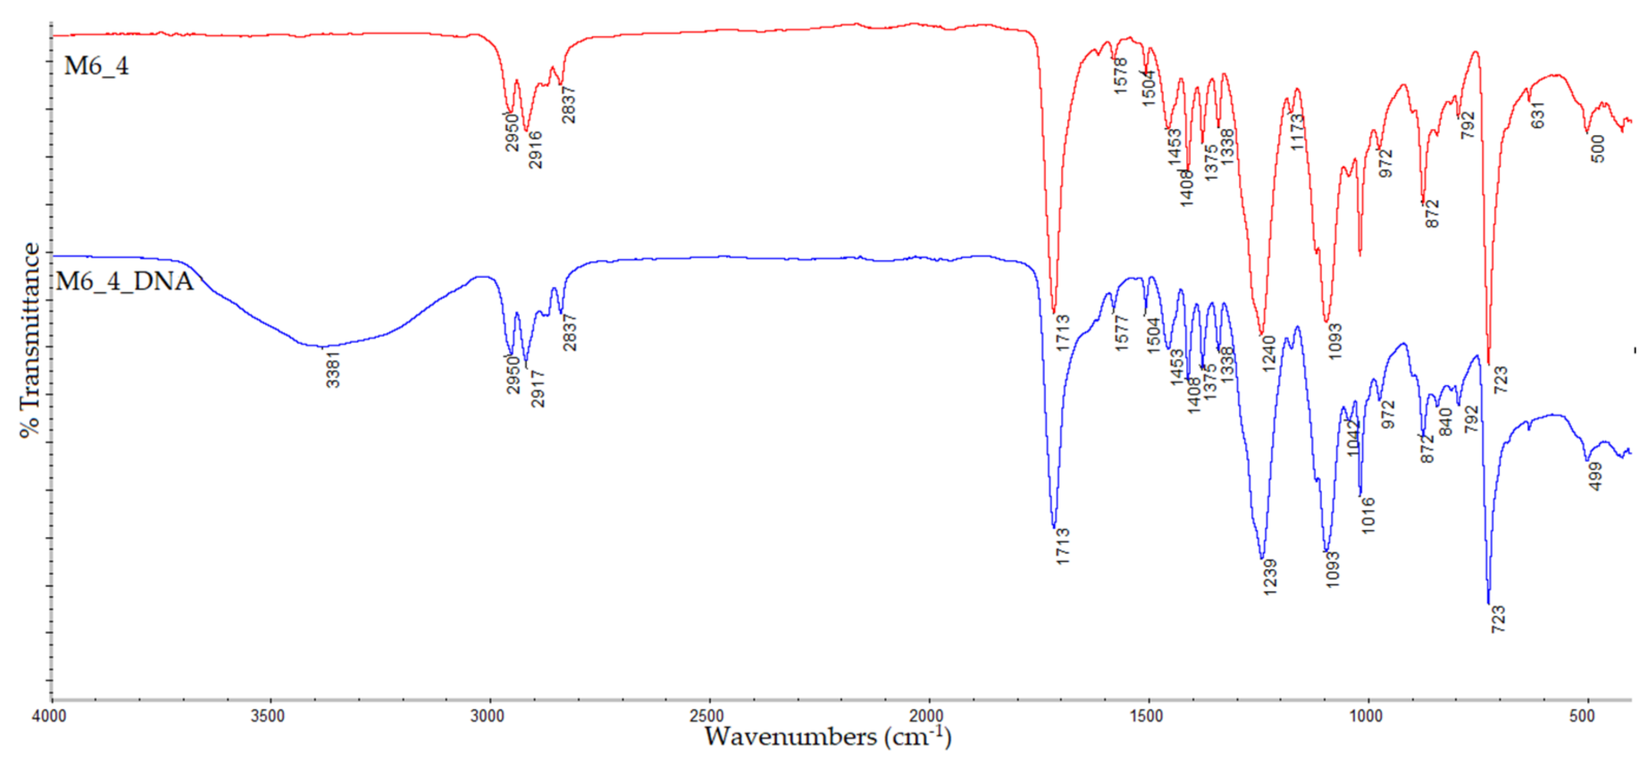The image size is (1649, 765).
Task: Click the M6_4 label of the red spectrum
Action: [x=96, y=66]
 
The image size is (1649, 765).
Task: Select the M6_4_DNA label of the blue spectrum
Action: [x=124, y=282]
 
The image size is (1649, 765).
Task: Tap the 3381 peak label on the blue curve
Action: [x=333, y=370]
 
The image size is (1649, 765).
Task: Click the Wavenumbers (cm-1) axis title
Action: [x=828, y=738]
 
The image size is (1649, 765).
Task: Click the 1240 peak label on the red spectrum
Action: [x=1269, y=354]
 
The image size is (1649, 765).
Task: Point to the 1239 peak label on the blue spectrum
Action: [x=1270, y=577]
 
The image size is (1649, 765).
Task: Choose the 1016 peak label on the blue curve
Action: [x=1367, y=516]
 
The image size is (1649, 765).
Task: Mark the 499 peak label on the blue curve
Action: [x=1596, y=476]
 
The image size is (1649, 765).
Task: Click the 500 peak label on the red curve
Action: [x=1598, y=148]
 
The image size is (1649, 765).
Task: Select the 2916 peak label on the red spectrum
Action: [x=535, y=150]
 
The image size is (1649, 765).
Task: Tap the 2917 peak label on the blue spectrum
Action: [x=538, y=389]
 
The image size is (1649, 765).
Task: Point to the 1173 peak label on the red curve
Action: [x=1297, y=132]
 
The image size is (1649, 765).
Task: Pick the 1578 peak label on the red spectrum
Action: [x=1120, y=76]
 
